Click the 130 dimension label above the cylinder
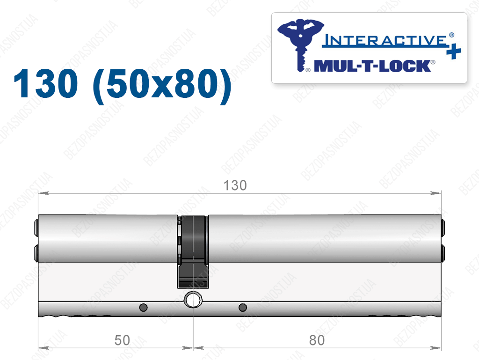pyautogui.click(x=235, y=185)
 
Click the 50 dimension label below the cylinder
pyautogui.click(x=122, y=340)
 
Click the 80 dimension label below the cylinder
pyautogui.click(x=317, y=340)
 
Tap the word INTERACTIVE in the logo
pyautogui.click(x=385, y=40)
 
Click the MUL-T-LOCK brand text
pyautogui.click(x=373, y=66)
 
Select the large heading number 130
pyautogui.click(x=45, y=83)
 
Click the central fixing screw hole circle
pyautogui.click(x=193, y=299)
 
